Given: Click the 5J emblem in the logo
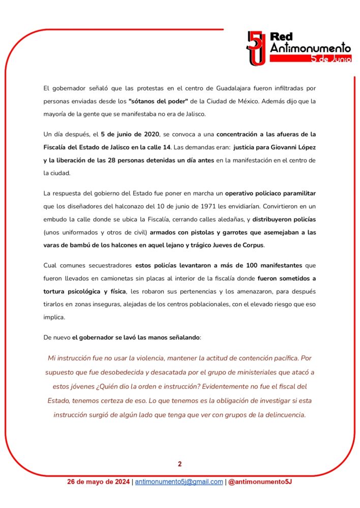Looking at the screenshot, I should pyautogui.click(x=256, y=48).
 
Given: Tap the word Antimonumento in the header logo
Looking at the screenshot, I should pyautogui.click(x=310, y=48).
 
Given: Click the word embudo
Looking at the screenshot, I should pyautogui.click(x=57, y=220).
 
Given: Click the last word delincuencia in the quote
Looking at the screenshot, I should pyautogui.click(x=278, y=415).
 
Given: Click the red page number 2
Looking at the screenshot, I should pyautogui.click(x=179, y=464).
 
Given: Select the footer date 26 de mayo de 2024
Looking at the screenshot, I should pyautogui.click(x=99, y=482).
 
